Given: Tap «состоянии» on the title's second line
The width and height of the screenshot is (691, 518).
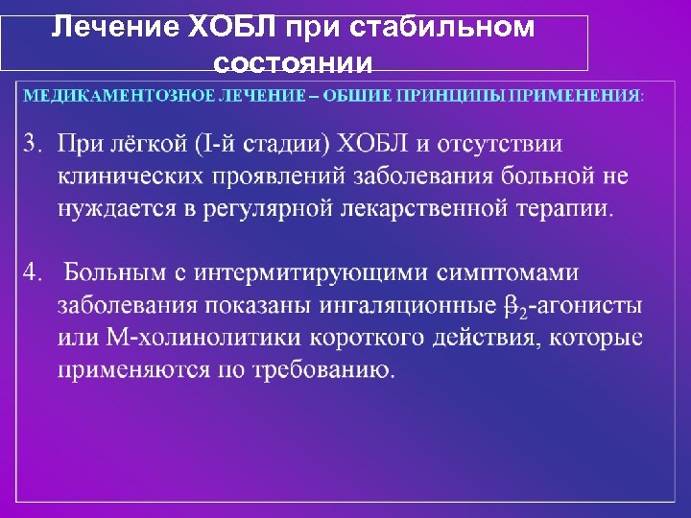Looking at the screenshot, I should pos(293,63).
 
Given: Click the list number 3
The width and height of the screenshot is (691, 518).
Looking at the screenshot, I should pos(33,144).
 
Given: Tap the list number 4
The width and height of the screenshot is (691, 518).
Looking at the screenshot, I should pos(33,273).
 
